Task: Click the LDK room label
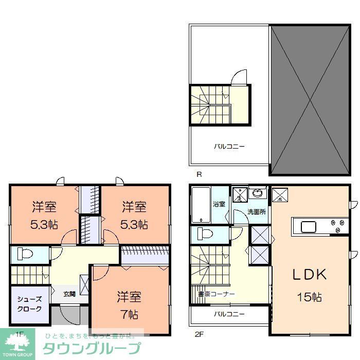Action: point(310,275)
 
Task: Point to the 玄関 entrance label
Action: point(69,294)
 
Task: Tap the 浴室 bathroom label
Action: point(219,204)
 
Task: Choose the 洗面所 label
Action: point(256,211)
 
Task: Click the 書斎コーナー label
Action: point(216,294)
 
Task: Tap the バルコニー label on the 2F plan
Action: point(229,314)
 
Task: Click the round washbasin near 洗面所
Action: point(258,194)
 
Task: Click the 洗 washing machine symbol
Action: point(239,195)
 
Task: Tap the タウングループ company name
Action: point(91,348)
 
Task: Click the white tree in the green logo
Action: point(20,343)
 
